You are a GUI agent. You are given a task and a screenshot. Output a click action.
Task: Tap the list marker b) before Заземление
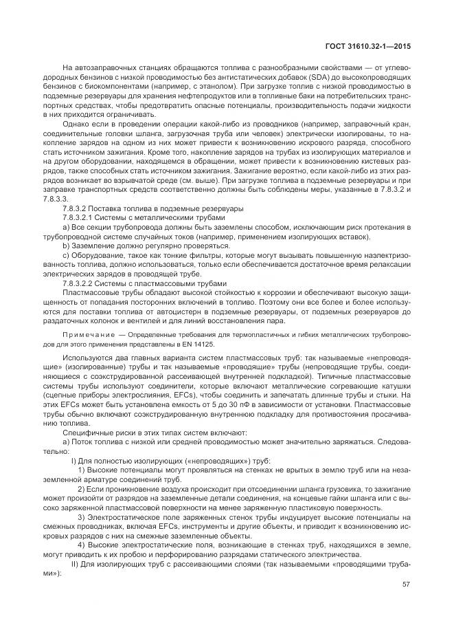click(x=66, y=245)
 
